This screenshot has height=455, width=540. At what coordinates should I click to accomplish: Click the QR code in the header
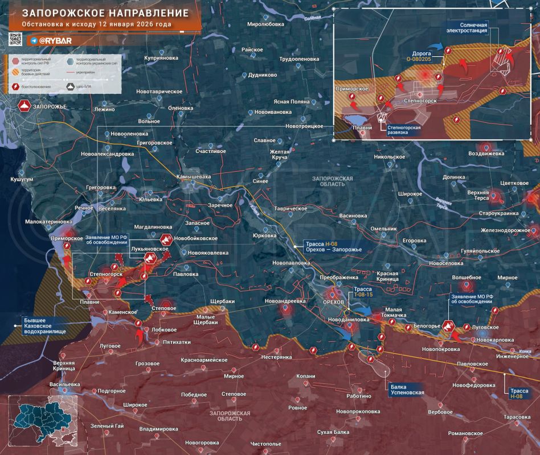(15, 40)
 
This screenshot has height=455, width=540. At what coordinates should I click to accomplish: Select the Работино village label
(358, 396)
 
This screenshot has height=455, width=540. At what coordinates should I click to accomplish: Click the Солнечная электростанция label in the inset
(467, 27)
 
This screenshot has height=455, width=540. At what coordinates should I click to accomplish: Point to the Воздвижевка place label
(486, 154)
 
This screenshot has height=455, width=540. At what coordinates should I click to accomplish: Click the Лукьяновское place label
(149, 249)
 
